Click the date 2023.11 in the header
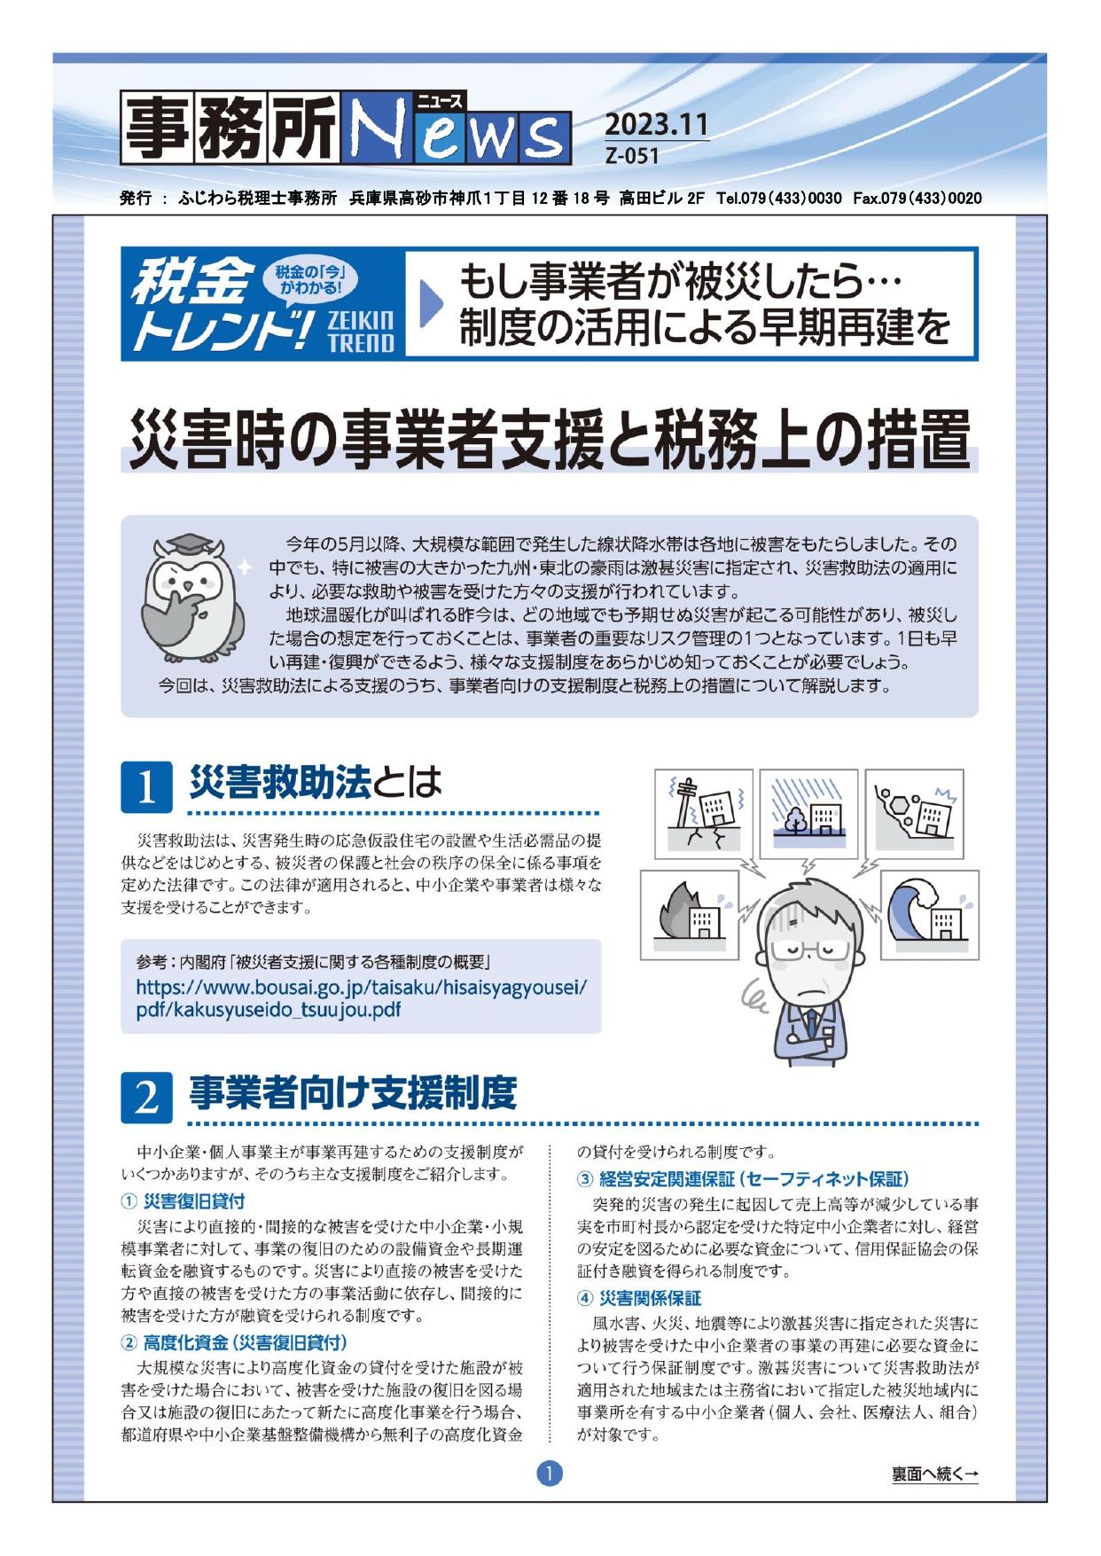point(658,124)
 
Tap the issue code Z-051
point(632,156)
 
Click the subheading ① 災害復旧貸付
point(183,1202)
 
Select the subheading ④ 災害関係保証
point(638,1299)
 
